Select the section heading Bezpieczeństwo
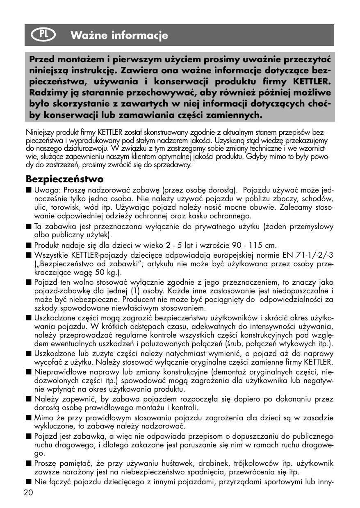point(65,179)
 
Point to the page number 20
point(29,493)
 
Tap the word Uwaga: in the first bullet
point(48,190)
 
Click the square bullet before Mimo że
point(28,418)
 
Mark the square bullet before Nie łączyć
point(28,482)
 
